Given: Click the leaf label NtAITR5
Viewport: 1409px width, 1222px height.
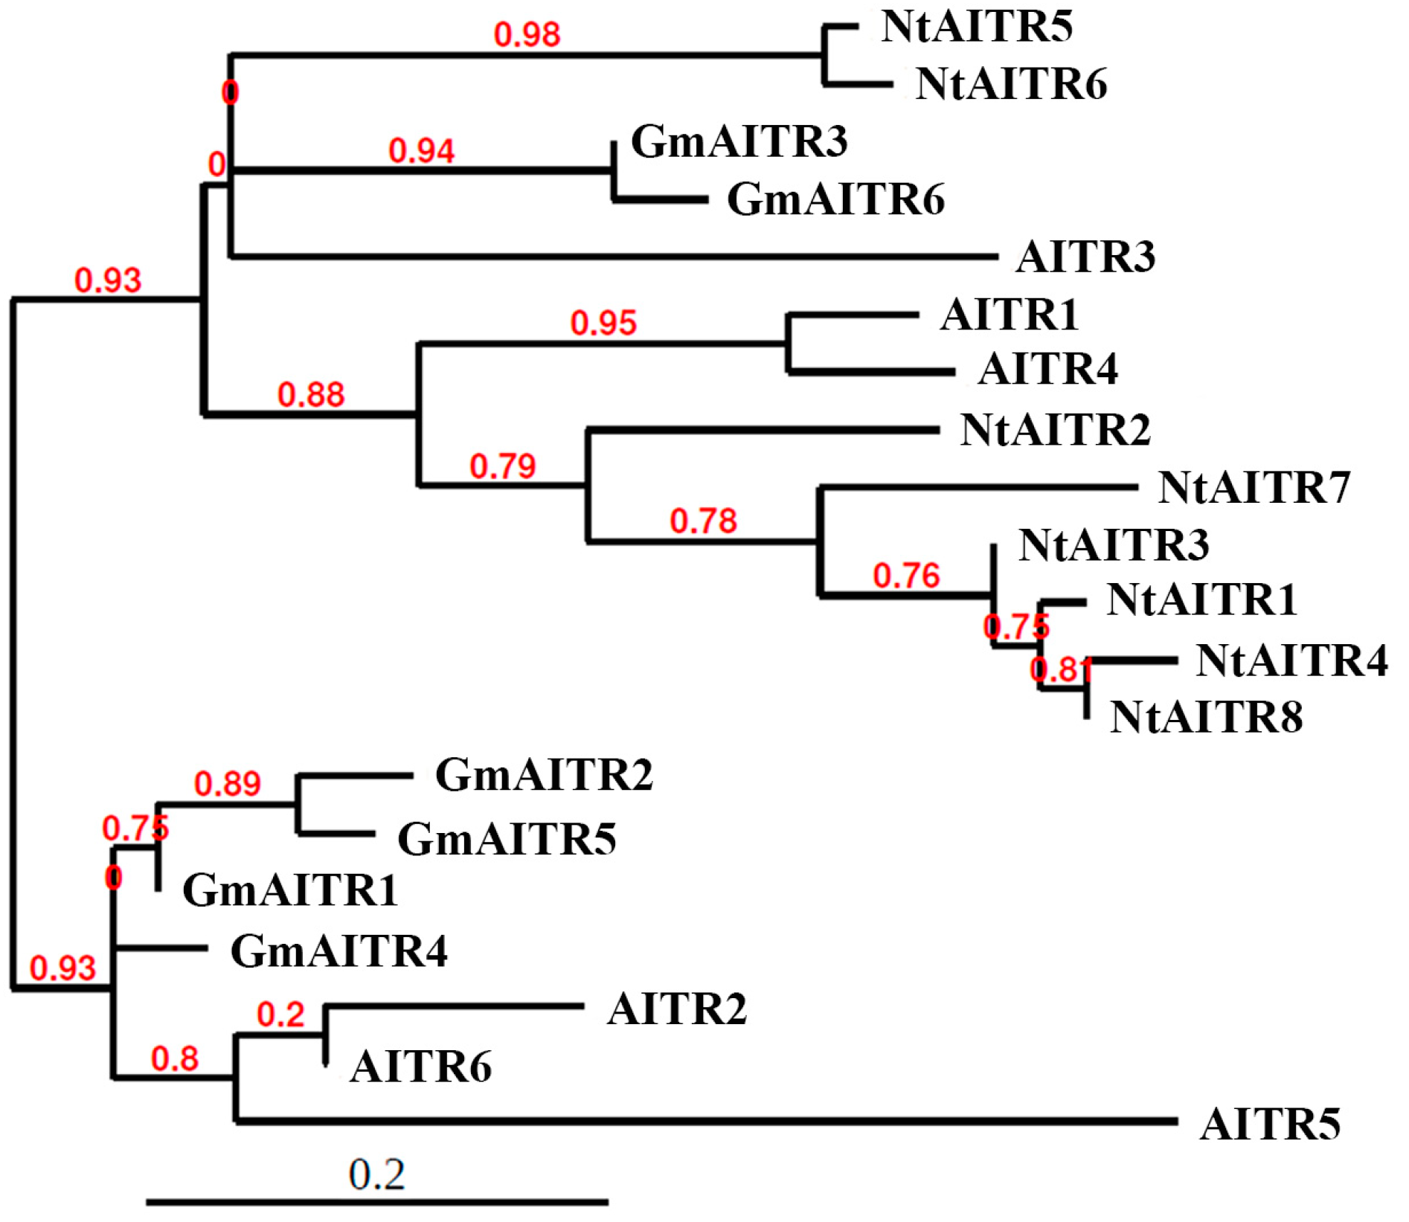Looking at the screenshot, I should [x=976, y=27].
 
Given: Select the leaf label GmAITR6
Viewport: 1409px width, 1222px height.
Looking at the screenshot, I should [x=835, y=199].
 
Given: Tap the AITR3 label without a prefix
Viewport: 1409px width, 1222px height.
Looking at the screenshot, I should [x=1085, y=257].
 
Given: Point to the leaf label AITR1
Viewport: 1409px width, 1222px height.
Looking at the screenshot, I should [x=1009, y=315].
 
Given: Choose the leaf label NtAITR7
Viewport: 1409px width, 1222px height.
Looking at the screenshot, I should [x=1254, y=488].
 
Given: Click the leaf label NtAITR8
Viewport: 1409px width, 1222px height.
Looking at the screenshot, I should [x=1206, y=718].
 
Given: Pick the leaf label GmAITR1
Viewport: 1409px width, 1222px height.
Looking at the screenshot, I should [x=290, y=890].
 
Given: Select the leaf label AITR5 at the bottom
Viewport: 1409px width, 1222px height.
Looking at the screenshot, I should [x=1270, y=1124].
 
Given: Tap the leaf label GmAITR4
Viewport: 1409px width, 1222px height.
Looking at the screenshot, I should [x=338, y=951].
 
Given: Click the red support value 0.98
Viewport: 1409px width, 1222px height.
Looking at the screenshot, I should [x=527, y=35].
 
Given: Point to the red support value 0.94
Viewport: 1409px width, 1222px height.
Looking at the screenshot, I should [x=421, y=151].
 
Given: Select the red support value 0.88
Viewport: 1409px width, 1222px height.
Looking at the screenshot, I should [x=311, y=395].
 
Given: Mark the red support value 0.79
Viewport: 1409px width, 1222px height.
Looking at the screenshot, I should [x=502, y=466].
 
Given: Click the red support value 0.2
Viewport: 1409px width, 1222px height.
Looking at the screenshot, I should [x=280, y=1014].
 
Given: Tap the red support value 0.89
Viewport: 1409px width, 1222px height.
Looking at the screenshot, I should [x=227, y=784].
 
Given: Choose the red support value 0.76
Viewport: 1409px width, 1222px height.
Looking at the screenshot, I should [x=906, y=576].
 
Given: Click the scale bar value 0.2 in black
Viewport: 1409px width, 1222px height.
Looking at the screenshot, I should [x=376, y=1174].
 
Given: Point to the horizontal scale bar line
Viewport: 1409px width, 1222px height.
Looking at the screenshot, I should [x=376, y=1201].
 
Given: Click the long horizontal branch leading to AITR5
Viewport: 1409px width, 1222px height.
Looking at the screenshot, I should [x=707, y=1121].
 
